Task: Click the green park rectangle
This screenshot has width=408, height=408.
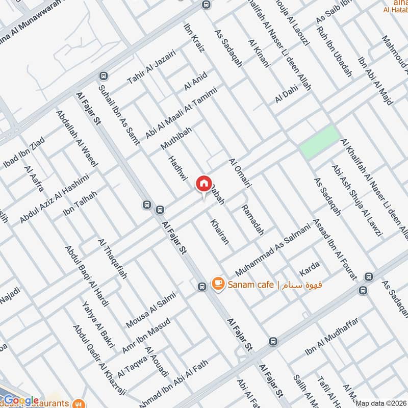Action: (319, 141)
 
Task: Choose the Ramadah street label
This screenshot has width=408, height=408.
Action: (253, 220)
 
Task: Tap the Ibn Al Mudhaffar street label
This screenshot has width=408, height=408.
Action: (332, 337)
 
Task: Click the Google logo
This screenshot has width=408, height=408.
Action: (21, 400)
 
